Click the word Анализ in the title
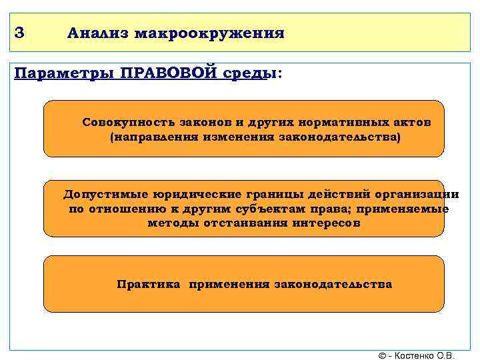coord(97,33)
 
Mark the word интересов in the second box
coord(326,223)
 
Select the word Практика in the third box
coord(148,284)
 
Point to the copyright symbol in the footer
coord(382,355)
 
